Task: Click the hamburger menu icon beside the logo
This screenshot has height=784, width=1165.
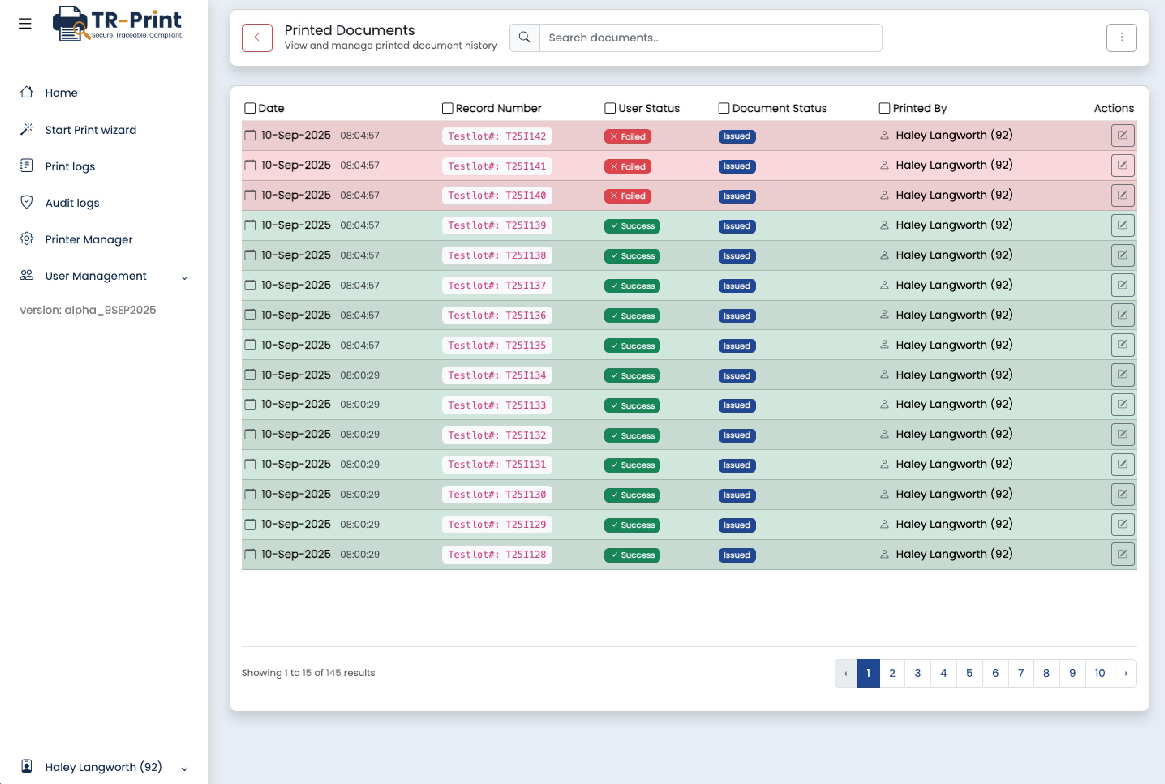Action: (x=25, y=24)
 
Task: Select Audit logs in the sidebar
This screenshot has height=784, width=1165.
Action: (x=72, y=203)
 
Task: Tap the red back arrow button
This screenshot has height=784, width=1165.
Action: (x=257, y=38)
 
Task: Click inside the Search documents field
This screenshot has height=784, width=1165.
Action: (x=710, y=38)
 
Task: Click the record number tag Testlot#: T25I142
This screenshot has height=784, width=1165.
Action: (x=497, y=136)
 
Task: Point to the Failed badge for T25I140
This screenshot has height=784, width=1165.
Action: (x=627, y=196)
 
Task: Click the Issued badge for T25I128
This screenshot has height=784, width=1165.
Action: (x=736, y=555)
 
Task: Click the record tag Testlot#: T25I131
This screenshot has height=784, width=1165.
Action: (x=497, y=465)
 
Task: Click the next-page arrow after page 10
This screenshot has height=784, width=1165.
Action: (x=1125, y=673)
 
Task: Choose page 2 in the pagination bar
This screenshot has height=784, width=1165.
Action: (x=892, y=673)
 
